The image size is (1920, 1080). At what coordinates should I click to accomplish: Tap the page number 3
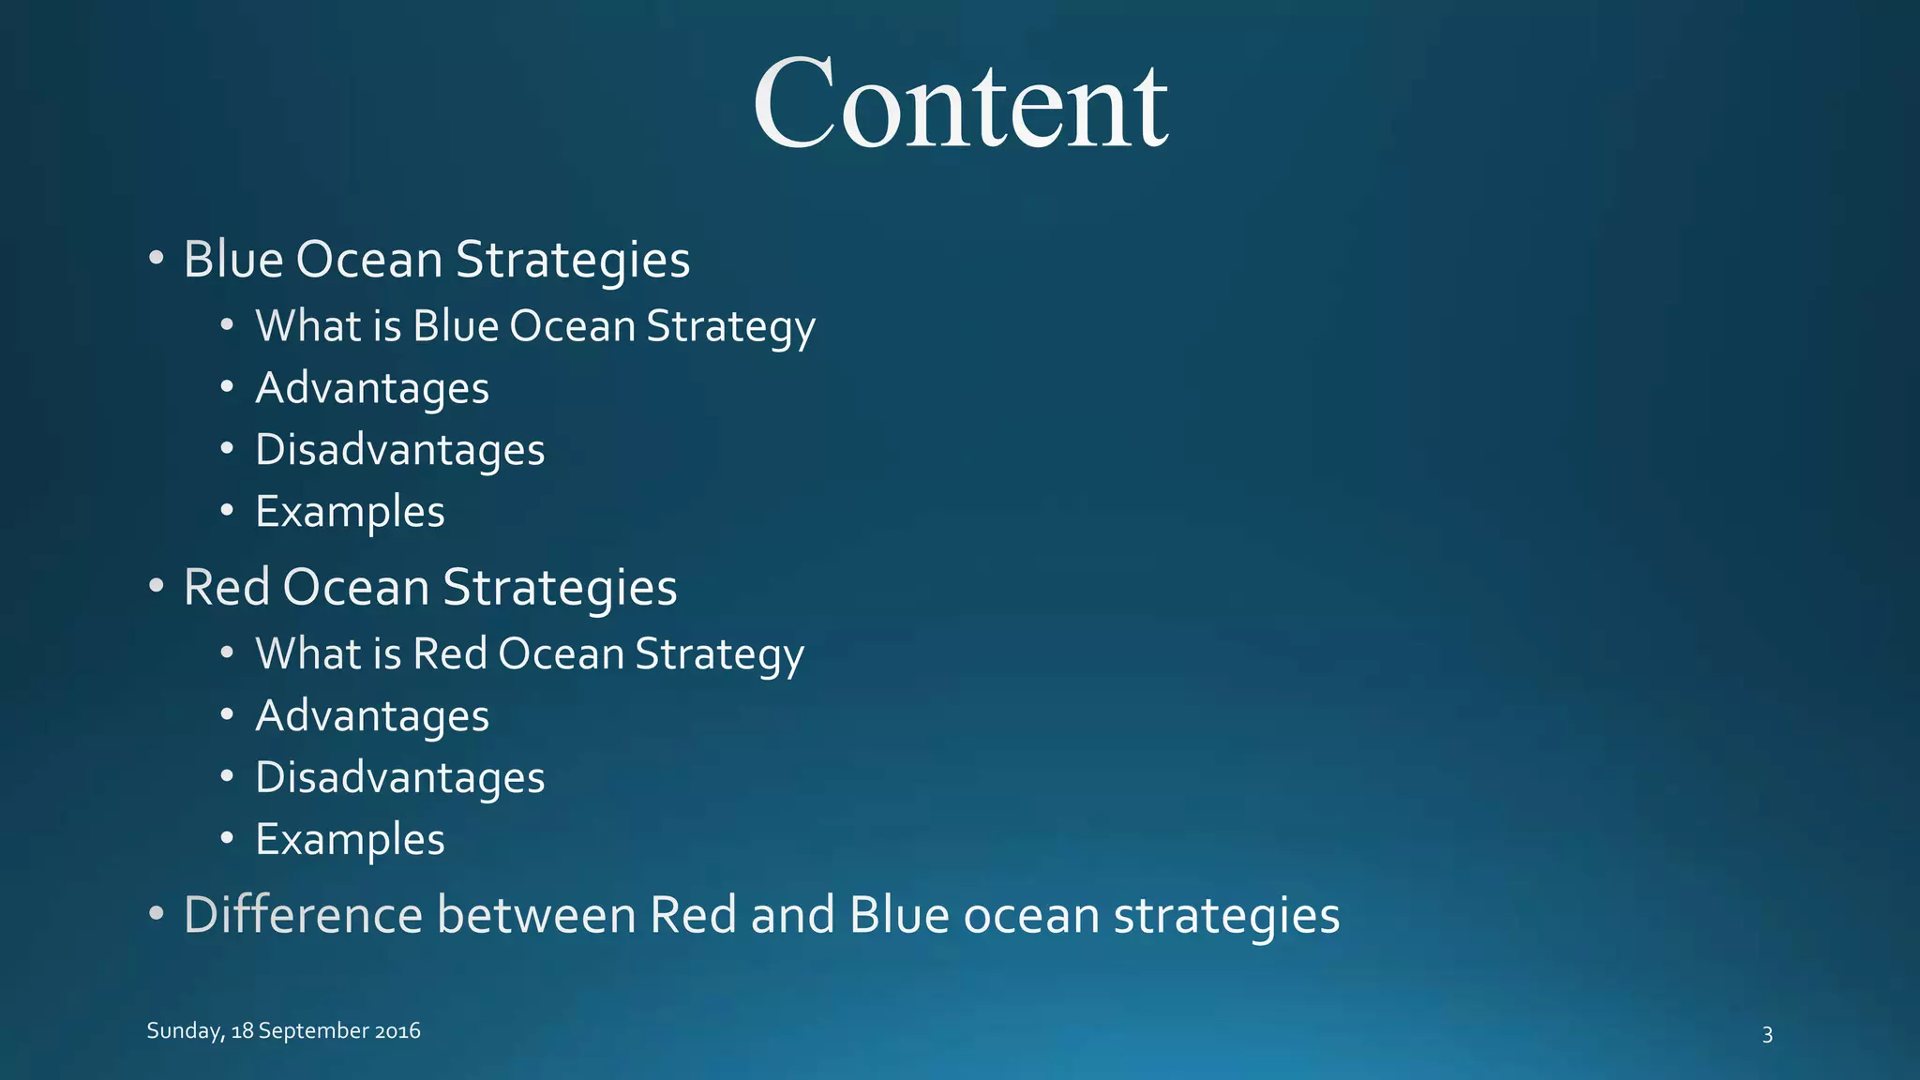[x=1767, y=1035]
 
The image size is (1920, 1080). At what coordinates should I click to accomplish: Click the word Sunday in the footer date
[x=185, y=1031]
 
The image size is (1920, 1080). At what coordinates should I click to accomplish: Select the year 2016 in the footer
[x=397, y=1031]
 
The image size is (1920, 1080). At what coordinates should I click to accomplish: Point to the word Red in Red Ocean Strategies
[x=226, y=588]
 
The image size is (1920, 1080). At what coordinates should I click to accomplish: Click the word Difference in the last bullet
[x=303, y=915]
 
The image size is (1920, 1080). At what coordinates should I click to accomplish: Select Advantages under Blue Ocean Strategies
[x=372, y=388]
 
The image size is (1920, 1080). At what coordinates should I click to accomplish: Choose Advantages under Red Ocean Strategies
[x=372, y=716]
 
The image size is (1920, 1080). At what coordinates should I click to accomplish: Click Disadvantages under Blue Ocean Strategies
[x=399, y=450]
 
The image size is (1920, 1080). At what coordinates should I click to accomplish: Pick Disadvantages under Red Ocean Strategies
[x=399, y=778]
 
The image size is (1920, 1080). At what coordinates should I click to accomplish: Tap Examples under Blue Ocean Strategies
[x=350, y=512]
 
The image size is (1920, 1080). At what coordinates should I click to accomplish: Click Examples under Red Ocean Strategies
[x=350, y=840]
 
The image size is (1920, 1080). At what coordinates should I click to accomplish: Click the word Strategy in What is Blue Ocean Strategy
[x=730, y=327]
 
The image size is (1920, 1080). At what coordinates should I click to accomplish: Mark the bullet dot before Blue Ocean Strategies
[x=157, y=258]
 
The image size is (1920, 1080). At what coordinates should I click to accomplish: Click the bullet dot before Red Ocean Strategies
[x=157, y=586]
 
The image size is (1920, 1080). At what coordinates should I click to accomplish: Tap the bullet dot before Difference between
[x=157, y=914]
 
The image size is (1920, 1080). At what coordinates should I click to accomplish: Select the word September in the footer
[x=313, y=1031]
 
